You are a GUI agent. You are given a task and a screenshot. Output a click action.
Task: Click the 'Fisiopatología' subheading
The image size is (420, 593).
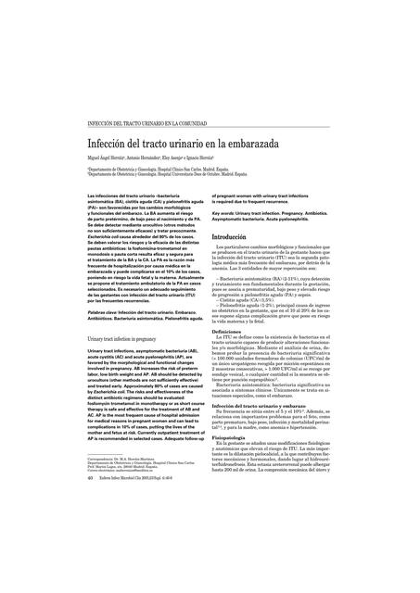tap(237, 439)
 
